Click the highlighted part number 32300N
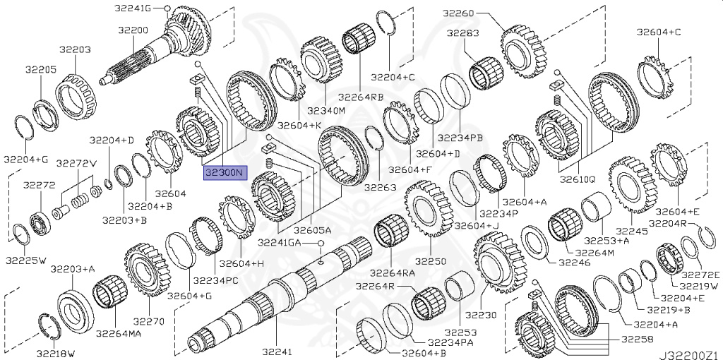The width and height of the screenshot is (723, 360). [x=224, y=172]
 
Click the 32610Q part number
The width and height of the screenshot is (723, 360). [x=578, y=179]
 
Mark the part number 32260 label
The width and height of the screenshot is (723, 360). [x=459, y=13]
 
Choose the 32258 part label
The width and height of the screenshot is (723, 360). [x=636, y=340]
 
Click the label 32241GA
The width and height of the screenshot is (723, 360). [x=277, y=243]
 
